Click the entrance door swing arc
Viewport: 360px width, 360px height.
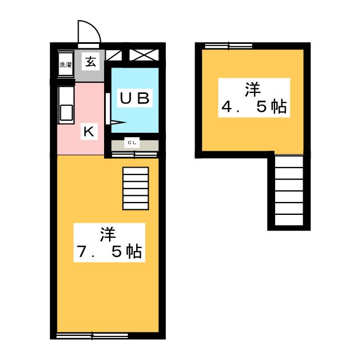90,31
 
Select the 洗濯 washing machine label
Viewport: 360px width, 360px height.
66,65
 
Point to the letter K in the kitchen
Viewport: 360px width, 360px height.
88,132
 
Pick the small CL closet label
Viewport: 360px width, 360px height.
132,143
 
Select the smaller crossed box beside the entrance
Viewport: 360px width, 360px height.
113,55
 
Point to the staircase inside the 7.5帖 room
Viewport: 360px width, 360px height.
135,188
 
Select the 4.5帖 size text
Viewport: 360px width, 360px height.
253,107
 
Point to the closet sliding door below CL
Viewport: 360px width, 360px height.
134,152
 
